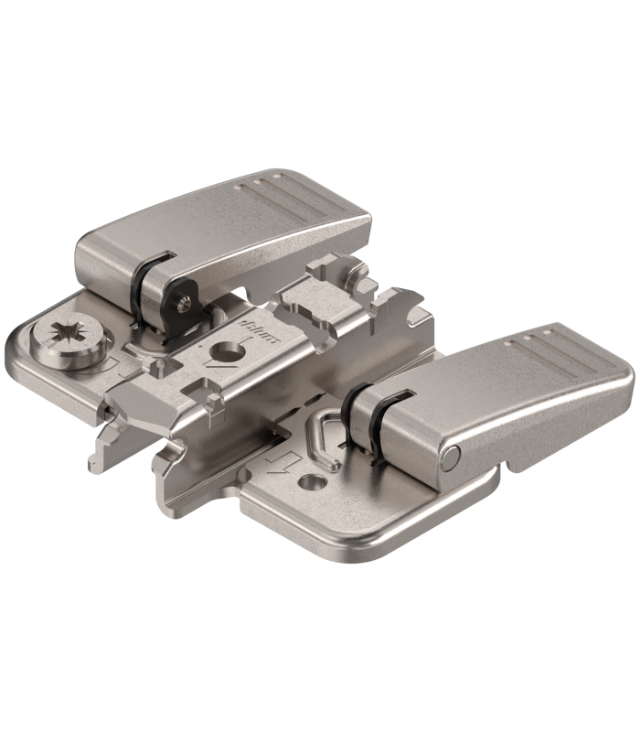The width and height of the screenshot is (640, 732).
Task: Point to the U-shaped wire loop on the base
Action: coord(325,428)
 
